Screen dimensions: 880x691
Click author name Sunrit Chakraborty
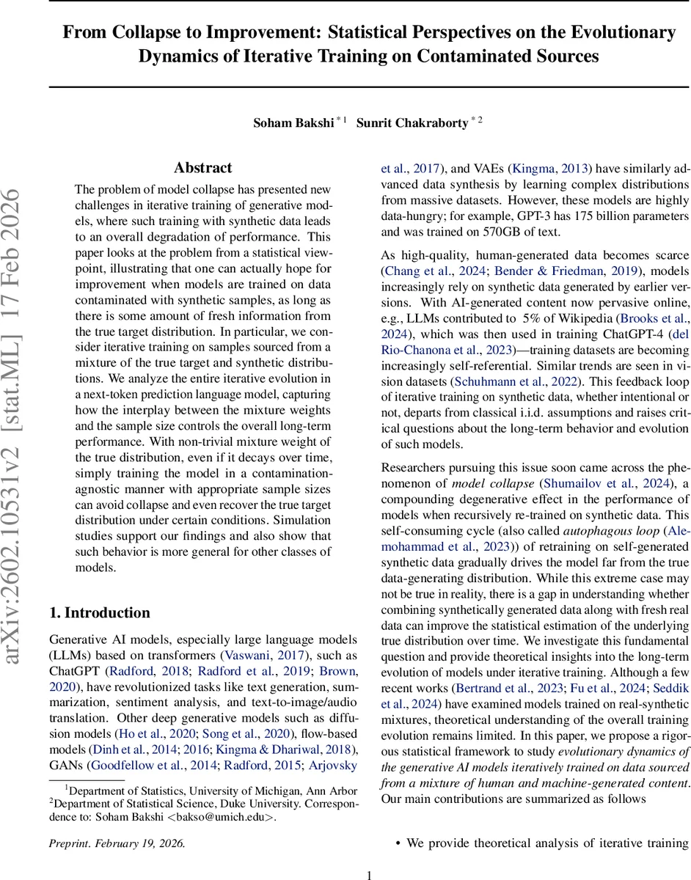(x=412, y=123)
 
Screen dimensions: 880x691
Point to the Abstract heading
(x=203, y=168)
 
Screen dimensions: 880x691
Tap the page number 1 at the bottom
(x=370, y=874)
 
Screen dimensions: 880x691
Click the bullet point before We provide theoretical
(x=398, y=844)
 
